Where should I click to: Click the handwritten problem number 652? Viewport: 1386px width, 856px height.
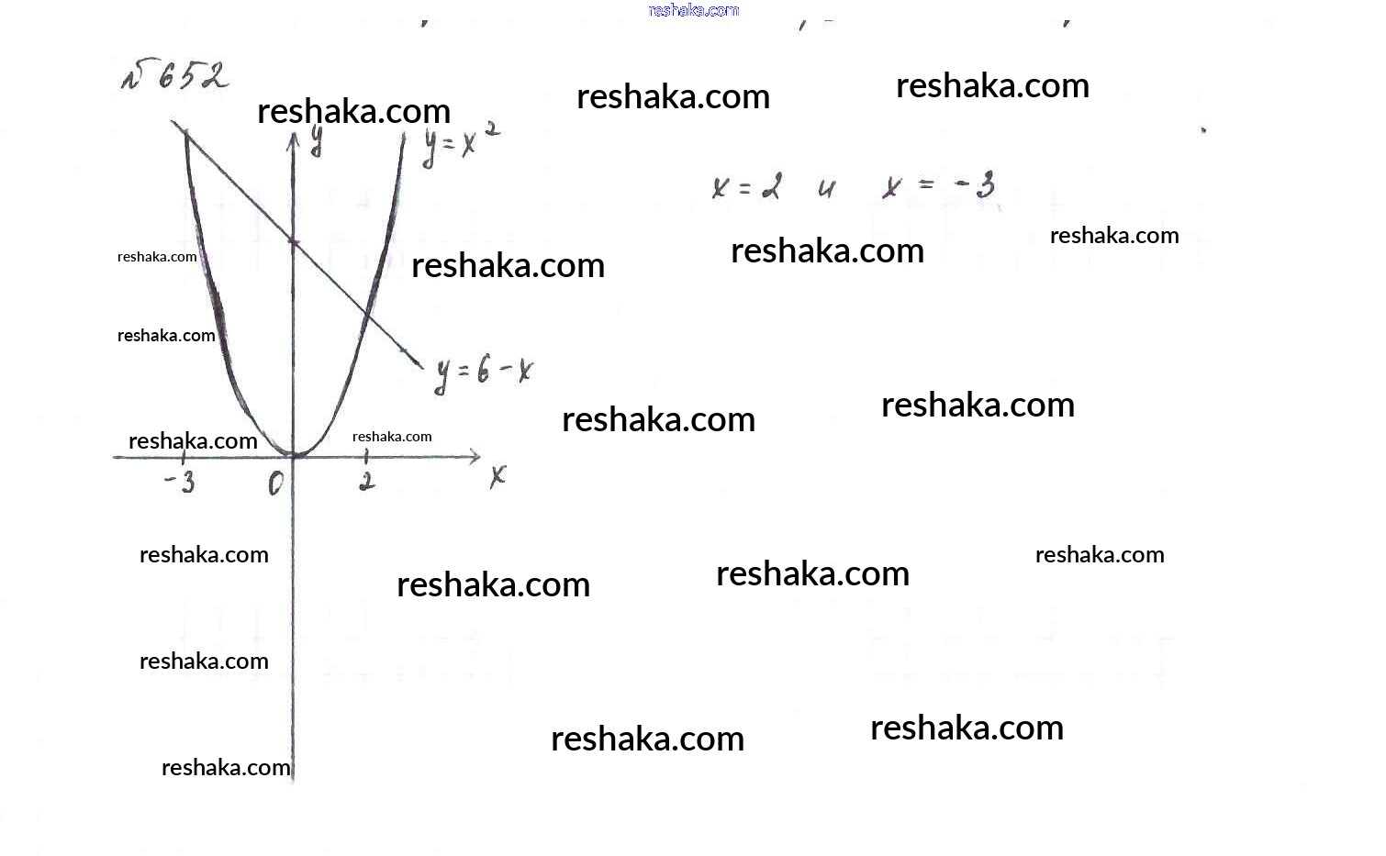[x=175, y=76]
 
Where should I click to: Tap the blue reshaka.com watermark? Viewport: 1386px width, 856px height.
[x=693, y=10]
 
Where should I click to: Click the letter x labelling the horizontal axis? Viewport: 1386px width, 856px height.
[x=497, y=475]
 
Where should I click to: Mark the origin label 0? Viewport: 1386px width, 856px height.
[x=275, y=483]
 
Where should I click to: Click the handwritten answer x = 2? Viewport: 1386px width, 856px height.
[x=746, y=187]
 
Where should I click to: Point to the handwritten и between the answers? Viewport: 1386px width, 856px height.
[x=827, y=189]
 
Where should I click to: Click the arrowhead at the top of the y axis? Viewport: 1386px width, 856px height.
[x=294, y=139]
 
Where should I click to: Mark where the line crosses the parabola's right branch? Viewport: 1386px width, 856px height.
[x=366, y=315]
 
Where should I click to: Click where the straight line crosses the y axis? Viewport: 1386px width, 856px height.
[x=294, y=241]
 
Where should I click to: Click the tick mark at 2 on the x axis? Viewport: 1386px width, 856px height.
[x=366, y=456]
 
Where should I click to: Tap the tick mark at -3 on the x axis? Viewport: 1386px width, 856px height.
[x=183, y=456]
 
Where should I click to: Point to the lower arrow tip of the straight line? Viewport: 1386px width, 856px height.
[x=422, y=367]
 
